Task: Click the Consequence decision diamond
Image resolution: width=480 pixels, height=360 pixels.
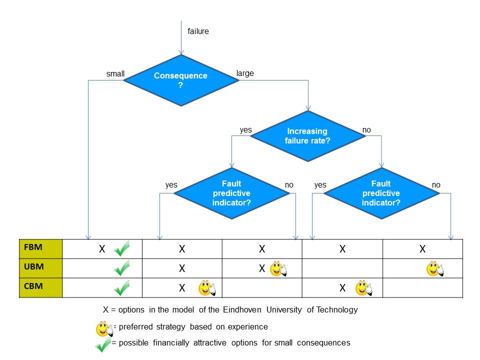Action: pyautogui.click(x=181, y=80)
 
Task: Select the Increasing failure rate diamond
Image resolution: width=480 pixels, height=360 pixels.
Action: pyautogui.click(x=308, y=136)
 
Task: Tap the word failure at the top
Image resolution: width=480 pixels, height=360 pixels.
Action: pyautogui.click(x=198, y=31)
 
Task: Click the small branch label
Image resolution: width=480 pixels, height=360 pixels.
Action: pyautogui.click(x=115, y=74)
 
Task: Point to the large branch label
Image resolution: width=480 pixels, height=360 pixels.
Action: pyautogui.click(x=245, y=73)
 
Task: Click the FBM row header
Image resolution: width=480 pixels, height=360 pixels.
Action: pyautogui.click(x=40, y=249)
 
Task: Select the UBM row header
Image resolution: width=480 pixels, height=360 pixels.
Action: pyautogui.click(x=40, y=268)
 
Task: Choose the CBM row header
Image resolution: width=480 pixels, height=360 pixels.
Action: pyautogui.click(x=40, y=287)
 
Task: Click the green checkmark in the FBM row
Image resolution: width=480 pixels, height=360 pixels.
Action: pyautogui.click(x=122, y=248)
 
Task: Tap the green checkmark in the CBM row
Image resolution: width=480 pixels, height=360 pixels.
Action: pyautogui.click(x=122, y=288)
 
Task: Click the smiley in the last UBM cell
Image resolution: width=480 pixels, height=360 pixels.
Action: pyautogui.click(x=435, y=269)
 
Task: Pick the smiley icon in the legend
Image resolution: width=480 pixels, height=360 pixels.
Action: pyautogui.click(x=104, y=328)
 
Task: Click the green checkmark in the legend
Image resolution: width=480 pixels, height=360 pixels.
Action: pyautogui.click(x=103, y=344)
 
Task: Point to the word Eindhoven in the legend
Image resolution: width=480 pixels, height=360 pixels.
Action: pyautogui.click(x=242, y=310)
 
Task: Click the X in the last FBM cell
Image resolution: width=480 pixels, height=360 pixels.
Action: pyautogui.click(x=422, y=249)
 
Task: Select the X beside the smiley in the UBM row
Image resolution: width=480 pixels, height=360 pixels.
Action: pyautogui.click(x=262, y=268)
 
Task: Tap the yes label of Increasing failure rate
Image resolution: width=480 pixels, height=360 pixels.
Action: pyautogui.click(x=246, y=130)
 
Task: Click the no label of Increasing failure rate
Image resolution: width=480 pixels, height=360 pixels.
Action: pyautogui.click(x=366, y=130)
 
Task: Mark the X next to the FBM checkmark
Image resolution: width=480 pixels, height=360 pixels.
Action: pyautogui.click(x=102, y=249)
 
